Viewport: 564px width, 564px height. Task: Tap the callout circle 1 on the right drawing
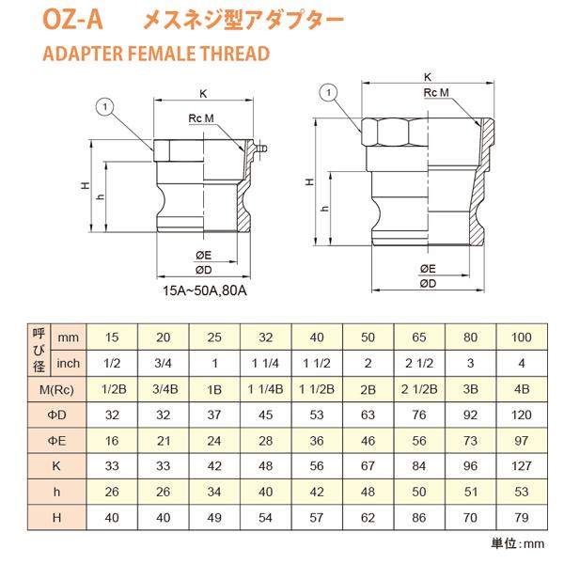(x=326, y=91)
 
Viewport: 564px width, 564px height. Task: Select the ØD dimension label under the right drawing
(x=426, y=282)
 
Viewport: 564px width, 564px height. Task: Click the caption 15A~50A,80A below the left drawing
(x=204, y=291)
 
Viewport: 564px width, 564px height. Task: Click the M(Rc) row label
(x=53, y=387)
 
